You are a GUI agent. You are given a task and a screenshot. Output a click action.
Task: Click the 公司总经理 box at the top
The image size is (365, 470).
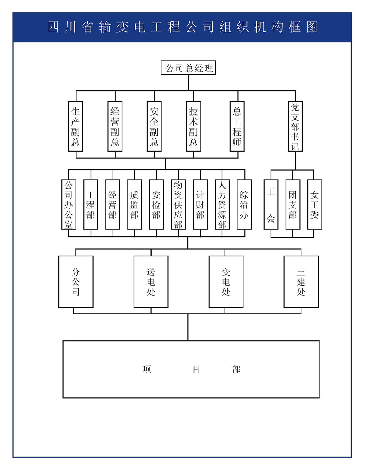click(188, 68)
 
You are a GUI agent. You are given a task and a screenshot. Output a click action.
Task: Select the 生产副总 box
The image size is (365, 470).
click(76, 126)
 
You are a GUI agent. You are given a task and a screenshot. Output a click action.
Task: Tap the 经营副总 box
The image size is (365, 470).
click(115, 126)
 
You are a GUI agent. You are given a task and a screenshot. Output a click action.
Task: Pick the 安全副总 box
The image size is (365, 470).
click(154, 126)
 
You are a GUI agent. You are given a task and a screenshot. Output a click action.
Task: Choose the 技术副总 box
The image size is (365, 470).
click(194, 126)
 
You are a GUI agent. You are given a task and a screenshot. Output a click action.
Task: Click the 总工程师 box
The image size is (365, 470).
click(237, 126)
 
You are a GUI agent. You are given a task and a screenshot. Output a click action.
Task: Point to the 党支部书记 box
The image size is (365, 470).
click(295, 126)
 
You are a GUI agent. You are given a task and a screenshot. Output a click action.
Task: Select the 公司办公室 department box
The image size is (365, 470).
click(69, 204)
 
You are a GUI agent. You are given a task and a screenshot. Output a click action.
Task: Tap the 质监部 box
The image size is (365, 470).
click(134, 204)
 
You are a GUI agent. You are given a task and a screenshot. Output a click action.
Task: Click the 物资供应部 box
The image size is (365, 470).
click(178, 204)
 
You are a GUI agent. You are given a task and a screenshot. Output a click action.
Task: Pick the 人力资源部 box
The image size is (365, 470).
click(222, 204)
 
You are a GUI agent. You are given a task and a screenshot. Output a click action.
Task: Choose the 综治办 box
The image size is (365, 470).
click(244, 204)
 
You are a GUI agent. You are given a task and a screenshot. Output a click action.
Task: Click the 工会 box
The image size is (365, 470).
click(271, 204)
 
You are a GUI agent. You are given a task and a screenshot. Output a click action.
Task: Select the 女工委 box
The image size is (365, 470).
click(315, 204)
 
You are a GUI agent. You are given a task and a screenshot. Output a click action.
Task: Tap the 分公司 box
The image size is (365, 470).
click(76, 281)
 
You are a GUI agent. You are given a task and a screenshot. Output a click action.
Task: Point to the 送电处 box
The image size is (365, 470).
click(151, 281)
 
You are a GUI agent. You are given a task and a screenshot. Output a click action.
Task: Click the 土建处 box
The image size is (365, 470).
click(301, 281)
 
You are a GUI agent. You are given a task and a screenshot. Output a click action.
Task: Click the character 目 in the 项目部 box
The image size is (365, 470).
click(196, 369)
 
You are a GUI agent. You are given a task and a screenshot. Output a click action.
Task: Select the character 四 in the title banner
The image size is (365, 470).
click(53, 27)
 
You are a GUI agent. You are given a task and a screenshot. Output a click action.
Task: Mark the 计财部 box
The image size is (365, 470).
click(200, 204)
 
